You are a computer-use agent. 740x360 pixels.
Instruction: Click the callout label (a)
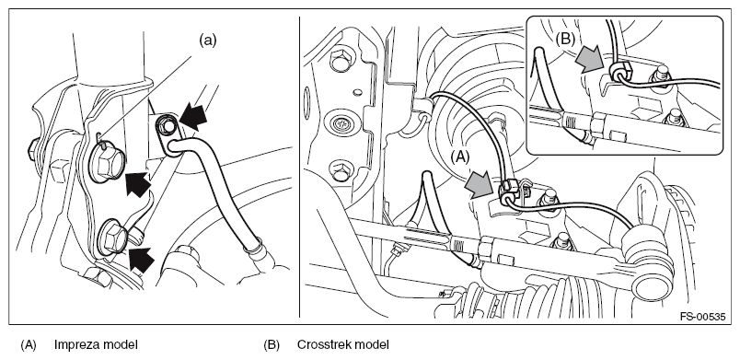pos(208,41)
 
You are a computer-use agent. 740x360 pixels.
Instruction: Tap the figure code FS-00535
pos(702,317)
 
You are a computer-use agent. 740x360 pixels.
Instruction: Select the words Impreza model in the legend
pos(96,345)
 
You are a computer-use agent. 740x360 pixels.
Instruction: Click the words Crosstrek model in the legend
pos(343,345)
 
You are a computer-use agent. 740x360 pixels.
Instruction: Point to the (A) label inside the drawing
pos(459,157)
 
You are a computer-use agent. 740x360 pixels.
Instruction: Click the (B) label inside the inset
pos(565,40)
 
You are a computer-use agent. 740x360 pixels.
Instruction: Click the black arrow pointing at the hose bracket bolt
pos(192,117)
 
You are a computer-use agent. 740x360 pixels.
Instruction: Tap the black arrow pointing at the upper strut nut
pos(138,183)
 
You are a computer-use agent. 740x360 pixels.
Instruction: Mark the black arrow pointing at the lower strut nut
pos(142,260)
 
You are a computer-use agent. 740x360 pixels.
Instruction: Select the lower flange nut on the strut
pos(113,238)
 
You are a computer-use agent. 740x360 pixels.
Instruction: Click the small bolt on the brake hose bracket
pos(165,125)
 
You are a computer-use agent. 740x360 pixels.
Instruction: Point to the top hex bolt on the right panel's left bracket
pos(341,61)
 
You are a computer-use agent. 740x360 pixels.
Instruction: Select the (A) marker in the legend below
pos(29,345)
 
